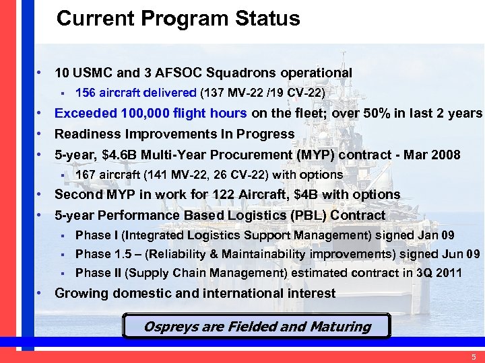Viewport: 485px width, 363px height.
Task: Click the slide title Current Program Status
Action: tap(179, 19)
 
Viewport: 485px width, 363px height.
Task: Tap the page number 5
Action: tap(474, 356)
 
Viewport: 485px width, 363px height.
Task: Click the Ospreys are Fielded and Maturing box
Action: tap(257, 327)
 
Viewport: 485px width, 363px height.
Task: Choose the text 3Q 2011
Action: tap(438, 273)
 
